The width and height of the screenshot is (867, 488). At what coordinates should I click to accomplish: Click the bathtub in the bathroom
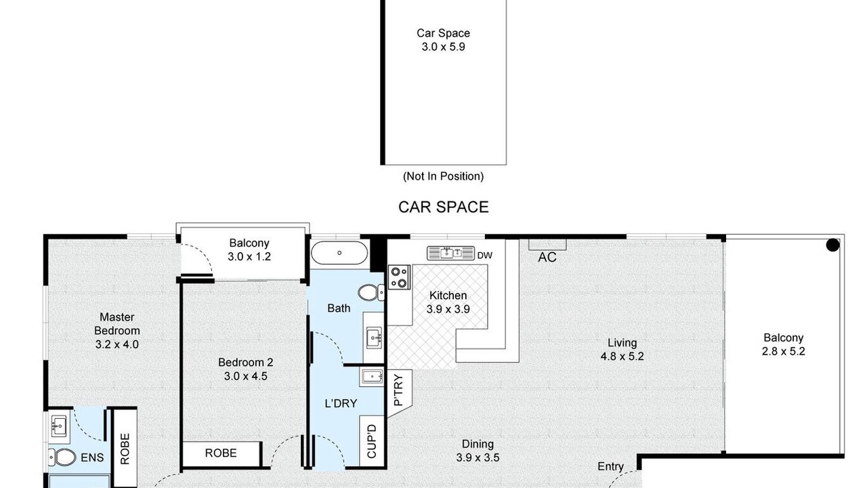[x=339, y=253]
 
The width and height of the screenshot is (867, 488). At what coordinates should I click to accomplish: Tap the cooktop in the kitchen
[x=399, y=277]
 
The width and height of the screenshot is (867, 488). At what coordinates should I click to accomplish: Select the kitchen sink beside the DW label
[x=450, y=253]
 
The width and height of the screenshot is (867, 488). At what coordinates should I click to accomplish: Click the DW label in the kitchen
[x=484, y=256]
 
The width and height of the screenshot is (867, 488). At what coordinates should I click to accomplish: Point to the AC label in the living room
[x=547, y=257]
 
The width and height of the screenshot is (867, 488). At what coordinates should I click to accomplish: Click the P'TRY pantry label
[x=398, y=390]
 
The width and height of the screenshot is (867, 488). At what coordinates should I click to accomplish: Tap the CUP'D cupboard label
[x=371, y=441]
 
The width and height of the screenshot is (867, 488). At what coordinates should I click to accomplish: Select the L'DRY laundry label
[x=341, y=403]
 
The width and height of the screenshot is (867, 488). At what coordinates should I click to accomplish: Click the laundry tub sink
[x=372, y=376]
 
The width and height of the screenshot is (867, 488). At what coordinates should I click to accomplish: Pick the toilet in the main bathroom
[x=371, y=292]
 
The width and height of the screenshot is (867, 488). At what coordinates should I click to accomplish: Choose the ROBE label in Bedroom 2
[x=221, y=453]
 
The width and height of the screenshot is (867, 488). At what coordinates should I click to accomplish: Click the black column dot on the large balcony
[x=832, y=245]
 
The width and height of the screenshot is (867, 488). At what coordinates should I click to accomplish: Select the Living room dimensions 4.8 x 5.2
[x=622, y=357]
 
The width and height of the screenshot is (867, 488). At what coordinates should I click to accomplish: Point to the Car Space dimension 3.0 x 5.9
[x=443, y=47]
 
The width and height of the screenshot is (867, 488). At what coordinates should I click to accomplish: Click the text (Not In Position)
[x=443, y=176]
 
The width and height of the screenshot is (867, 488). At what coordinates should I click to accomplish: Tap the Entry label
[x=610, y=466]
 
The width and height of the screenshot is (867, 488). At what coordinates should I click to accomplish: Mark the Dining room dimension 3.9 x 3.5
[x=478, y=457]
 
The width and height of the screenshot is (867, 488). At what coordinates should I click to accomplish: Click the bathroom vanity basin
[x=374, y=338]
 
